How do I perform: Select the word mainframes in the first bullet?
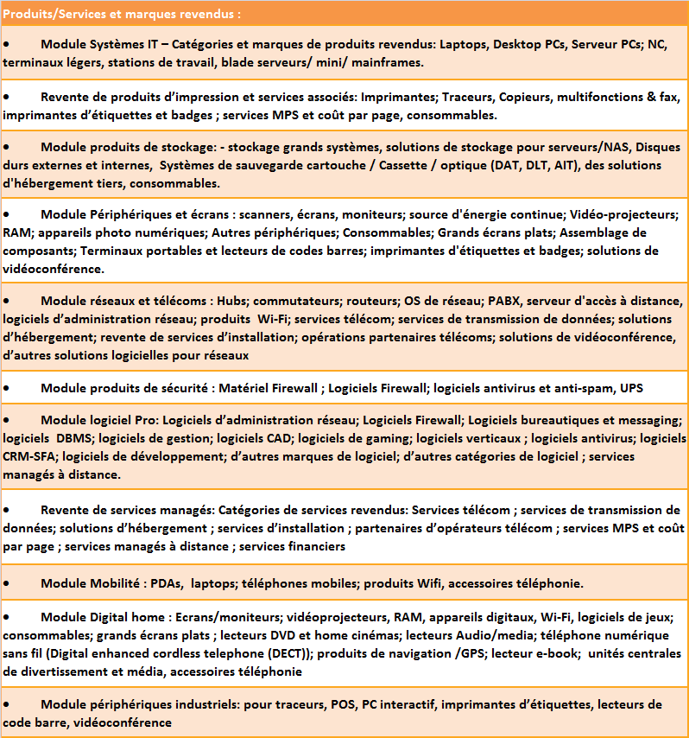click(387, 63)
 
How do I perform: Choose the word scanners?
click(269, 214)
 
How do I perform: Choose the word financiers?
click(316, 546)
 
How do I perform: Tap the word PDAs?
click(166, 583)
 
